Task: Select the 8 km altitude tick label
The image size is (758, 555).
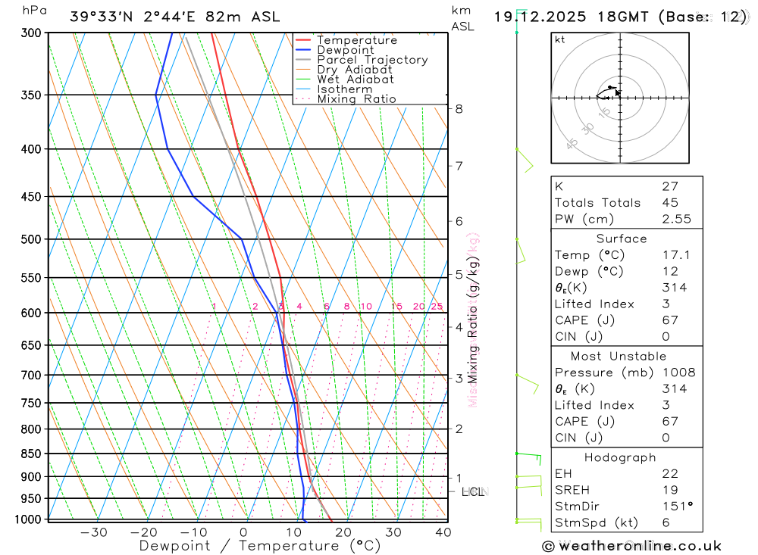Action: (459, 109)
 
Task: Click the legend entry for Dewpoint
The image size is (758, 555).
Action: (345, 50)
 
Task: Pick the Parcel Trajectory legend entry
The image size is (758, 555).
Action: (372, 60)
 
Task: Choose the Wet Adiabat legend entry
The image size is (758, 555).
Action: (356, 80)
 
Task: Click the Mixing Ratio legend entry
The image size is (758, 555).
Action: (356, 99)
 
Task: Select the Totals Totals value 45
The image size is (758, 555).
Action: (669, 202)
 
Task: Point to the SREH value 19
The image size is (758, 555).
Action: (669, 490)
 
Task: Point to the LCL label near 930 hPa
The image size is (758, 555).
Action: (472, 492)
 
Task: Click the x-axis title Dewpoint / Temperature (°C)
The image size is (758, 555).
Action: (260, 546)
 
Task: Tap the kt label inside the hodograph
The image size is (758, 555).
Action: (559, 39)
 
